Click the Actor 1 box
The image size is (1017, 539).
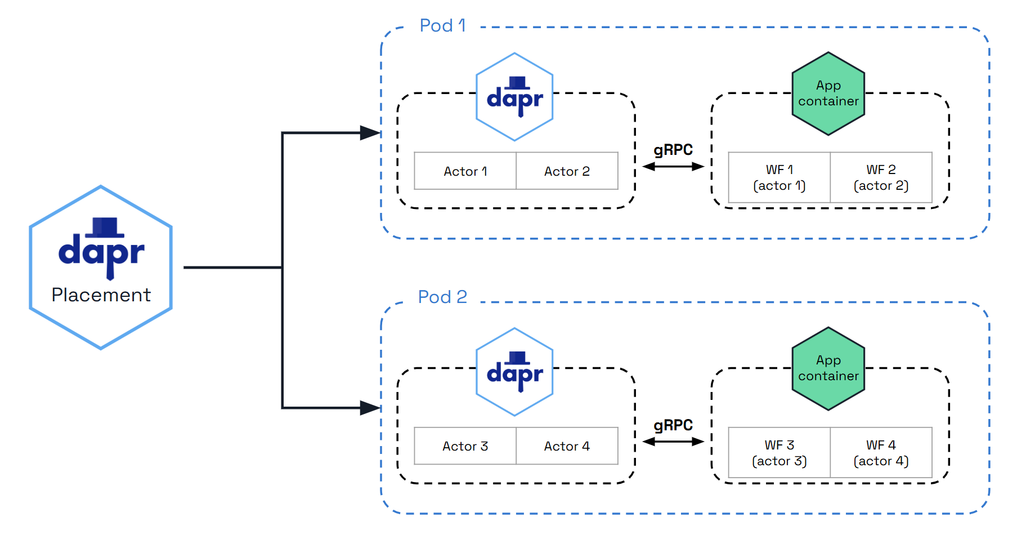coord(465,171)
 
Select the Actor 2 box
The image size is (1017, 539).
coord(567,171)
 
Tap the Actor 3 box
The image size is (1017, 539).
coord(465,446)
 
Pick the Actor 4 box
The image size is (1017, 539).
coord(567,446)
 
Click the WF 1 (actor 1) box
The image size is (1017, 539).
coord(779,177)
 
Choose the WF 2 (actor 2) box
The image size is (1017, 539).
coord(881,177)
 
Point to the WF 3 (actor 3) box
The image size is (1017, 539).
coord(779,453)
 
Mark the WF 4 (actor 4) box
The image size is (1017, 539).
coord(881,453)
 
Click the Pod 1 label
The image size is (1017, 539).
coord(442,25)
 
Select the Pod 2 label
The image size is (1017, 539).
coord(442,297)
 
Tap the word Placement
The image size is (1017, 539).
coord(101,295)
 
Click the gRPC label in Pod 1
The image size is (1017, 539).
coord(673,150)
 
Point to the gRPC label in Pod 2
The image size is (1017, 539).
coord(673,425)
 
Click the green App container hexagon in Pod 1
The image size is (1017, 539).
coord(828,93)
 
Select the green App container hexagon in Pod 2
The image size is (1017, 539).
coord(828,368)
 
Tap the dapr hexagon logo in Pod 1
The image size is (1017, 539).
coord(514,97)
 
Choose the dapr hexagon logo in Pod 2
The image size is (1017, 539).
coord(514,372)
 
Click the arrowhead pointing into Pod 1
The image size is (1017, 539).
coord(370,133)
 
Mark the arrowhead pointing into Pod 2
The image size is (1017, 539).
coord(370,408)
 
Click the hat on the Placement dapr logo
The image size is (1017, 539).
coord(105,227)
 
